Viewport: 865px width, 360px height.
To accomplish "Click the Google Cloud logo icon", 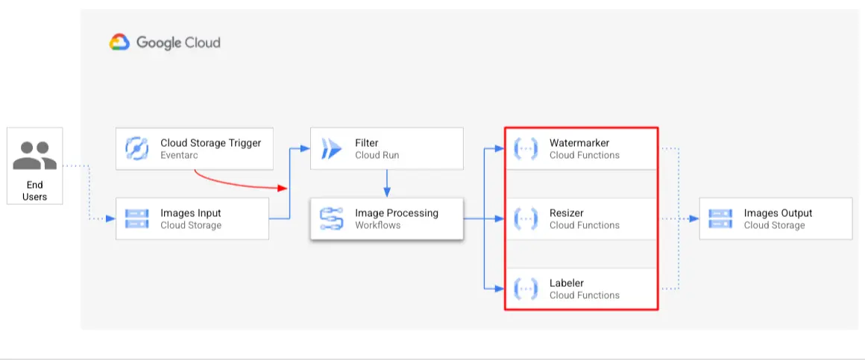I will [120, 42].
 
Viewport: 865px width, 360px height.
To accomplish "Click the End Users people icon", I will [34, 155].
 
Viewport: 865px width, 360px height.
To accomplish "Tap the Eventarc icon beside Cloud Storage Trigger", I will [138, 149].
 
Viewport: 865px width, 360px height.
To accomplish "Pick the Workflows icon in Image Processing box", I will [331, 219].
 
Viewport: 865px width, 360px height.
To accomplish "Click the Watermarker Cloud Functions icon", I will [526, 149].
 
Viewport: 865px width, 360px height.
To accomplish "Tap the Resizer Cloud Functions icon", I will [526, 219].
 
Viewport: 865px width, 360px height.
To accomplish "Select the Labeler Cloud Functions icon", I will [526, 288].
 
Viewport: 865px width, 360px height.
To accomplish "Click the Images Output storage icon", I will [720, 219].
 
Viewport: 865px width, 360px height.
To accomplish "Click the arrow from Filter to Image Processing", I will [386, 183].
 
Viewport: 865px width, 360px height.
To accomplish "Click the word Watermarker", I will [579, 142].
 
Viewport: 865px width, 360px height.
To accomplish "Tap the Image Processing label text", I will [397, 212].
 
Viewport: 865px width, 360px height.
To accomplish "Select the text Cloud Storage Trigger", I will [211, 142].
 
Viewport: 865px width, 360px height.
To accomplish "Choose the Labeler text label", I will [567, 282].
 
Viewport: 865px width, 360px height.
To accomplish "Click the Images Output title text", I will [778, 212].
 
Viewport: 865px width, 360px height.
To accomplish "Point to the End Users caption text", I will [34, 191].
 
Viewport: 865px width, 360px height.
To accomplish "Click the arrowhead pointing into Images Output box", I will [693, 219].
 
